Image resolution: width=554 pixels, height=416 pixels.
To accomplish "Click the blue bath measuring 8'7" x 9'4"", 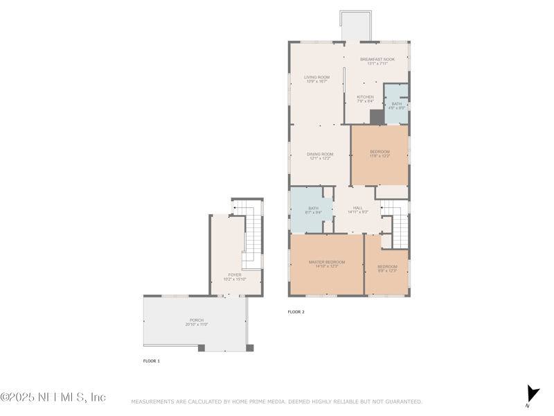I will click(313, 210).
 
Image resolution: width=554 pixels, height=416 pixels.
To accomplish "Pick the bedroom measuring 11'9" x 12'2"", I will click(379, 154).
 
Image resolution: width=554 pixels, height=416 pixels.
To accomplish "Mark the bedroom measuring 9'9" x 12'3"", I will click(387, 268).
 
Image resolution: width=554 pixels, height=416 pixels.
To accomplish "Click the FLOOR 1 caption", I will click(151, 361).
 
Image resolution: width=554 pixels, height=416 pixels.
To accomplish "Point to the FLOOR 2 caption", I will click(296, 312).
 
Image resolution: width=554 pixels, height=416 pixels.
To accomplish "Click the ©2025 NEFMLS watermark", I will click(53, 397).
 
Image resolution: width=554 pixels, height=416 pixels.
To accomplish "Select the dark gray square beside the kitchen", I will click(377, 117).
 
